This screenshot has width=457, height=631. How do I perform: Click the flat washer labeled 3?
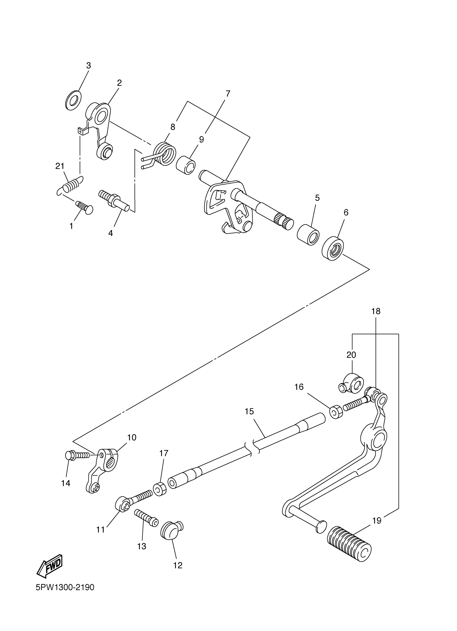pos(73,100)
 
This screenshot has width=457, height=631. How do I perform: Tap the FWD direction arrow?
pos(50,565)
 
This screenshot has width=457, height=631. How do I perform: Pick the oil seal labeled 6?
pos(333,248)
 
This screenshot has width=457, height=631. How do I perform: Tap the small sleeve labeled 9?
pos(186,165)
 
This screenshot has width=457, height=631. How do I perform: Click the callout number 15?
pos(249,411)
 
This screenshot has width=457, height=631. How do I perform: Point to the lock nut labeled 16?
pos(336,412)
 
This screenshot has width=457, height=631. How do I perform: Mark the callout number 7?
pos(228,94)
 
